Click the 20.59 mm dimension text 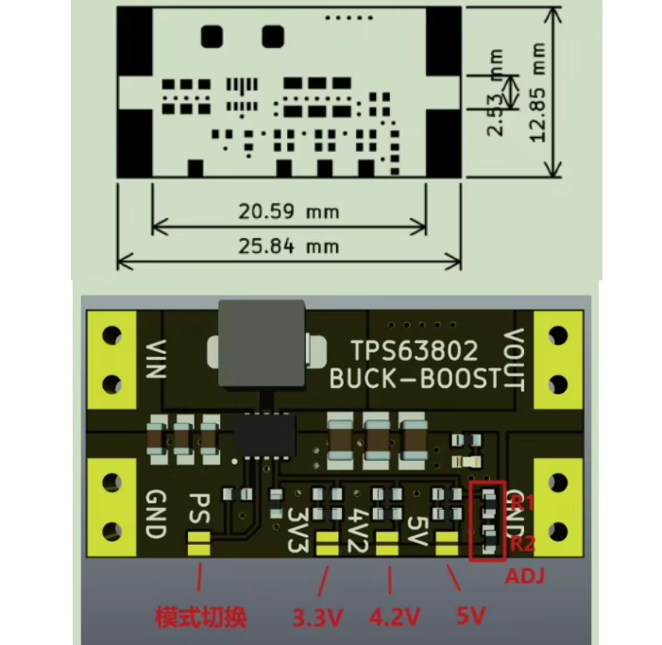coord(288,212)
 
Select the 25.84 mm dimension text coord(288,246)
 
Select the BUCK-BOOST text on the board coord(414,379)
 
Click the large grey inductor coord(262,345)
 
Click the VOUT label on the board coord(513,360)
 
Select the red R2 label coord(521,544)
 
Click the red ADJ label coord(524,574)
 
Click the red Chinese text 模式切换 coord(200,618)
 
